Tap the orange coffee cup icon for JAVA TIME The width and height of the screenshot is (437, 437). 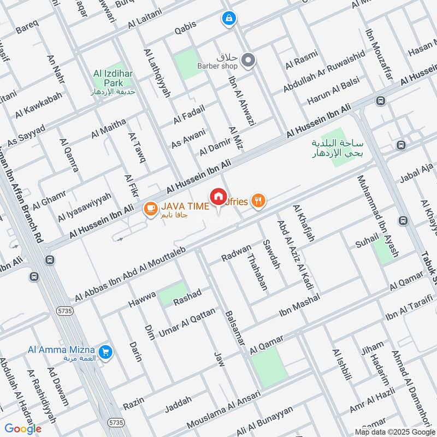[149, 208]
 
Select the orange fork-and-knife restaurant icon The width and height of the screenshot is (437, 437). [259, 201]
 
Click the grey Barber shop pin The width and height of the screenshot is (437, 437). [249, 60]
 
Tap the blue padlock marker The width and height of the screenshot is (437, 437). [228, 19]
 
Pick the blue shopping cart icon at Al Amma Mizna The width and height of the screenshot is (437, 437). [106, 352]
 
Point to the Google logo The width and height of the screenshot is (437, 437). [23, 429]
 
